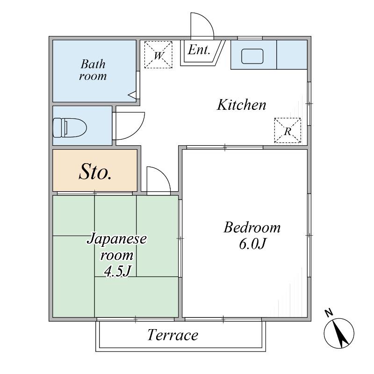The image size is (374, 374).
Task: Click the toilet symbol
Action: (x=70, y=128)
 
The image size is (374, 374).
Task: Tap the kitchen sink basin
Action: (x=252, y=56)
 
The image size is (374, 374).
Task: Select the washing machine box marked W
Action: (x=158, y=55)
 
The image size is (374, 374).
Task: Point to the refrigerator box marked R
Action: (x=288, y=130)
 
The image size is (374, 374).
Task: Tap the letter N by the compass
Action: (x=329, y=313)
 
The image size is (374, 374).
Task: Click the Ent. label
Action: (x=199, y=50)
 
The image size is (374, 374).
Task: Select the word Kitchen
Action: (x=241, y=105)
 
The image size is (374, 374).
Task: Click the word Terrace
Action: (x=173, y=335)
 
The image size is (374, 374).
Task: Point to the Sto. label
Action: (x=95, y=172)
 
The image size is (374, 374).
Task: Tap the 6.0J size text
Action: (x=252, y=244)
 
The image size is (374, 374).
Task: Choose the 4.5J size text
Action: (x=117, y=271)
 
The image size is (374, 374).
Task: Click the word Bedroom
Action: (x=252, y=227)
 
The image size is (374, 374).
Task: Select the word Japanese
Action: (x=116, y=239)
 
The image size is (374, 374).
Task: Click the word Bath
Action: (x=93, y=64)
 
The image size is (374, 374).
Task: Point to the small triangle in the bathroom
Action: (x=132, y=95)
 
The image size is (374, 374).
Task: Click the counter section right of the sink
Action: (x=292, y=55)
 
